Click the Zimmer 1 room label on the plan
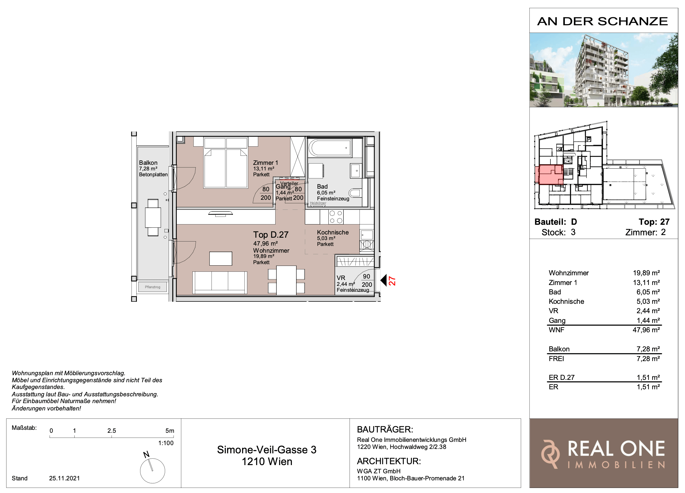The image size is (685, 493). point(265,163)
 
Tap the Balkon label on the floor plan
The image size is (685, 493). point(148,163)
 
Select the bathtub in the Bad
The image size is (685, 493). point(330,148)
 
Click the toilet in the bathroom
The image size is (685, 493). point(355,193)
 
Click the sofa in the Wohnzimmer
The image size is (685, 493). point(220,282)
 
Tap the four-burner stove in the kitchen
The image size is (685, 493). point(336,217)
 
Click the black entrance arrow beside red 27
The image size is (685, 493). point(384,280)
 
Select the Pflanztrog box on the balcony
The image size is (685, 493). point(152,287)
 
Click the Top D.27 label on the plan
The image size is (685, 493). point(271,235)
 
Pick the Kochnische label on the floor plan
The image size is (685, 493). point(333,232)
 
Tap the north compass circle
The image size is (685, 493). point(152,471)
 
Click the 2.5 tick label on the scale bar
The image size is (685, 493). point(111,431)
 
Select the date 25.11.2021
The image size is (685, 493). point(64,478)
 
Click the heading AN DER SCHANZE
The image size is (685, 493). point(602,21)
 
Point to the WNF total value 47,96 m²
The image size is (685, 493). point(646,330)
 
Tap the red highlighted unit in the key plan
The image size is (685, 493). point(549,175)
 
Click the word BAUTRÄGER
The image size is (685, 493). point(385,429)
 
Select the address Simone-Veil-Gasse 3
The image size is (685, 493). point(267,450)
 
